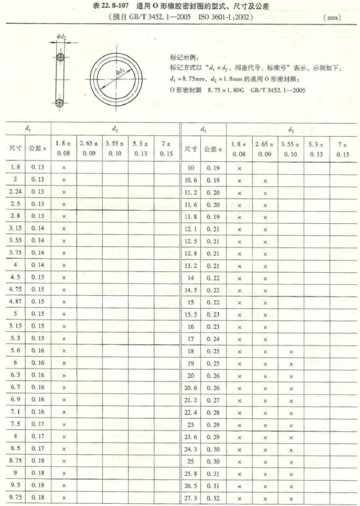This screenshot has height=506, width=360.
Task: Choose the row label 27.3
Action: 192,497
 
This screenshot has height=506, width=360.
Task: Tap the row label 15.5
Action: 192,314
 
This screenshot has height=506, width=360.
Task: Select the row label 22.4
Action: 192,412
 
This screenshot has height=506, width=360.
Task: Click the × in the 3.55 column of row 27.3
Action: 291,497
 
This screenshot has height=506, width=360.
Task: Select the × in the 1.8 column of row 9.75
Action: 64,497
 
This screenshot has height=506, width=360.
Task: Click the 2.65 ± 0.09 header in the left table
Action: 90,148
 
